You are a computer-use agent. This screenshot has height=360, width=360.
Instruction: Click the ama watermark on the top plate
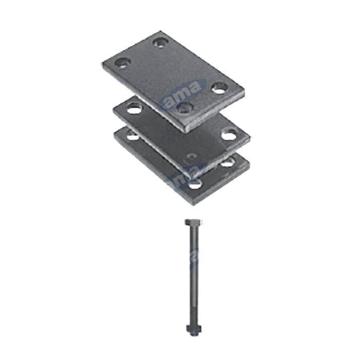186,91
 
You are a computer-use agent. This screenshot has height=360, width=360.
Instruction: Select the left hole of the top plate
122,63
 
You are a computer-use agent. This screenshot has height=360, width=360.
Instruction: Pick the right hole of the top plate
220,87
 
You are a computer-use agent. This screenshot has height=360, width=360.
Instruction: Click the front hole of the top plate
184,107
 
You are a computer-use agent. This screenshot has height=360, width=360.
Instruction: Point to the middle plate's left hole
134,109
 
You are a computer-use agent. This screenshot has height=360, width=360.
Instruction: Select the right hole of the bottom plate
227,163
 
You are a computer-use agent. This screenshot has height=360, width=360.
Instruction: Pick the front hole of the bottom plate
195,184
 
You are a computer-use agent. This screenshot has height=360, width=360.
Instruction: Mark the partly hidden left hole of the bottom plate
132,136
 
